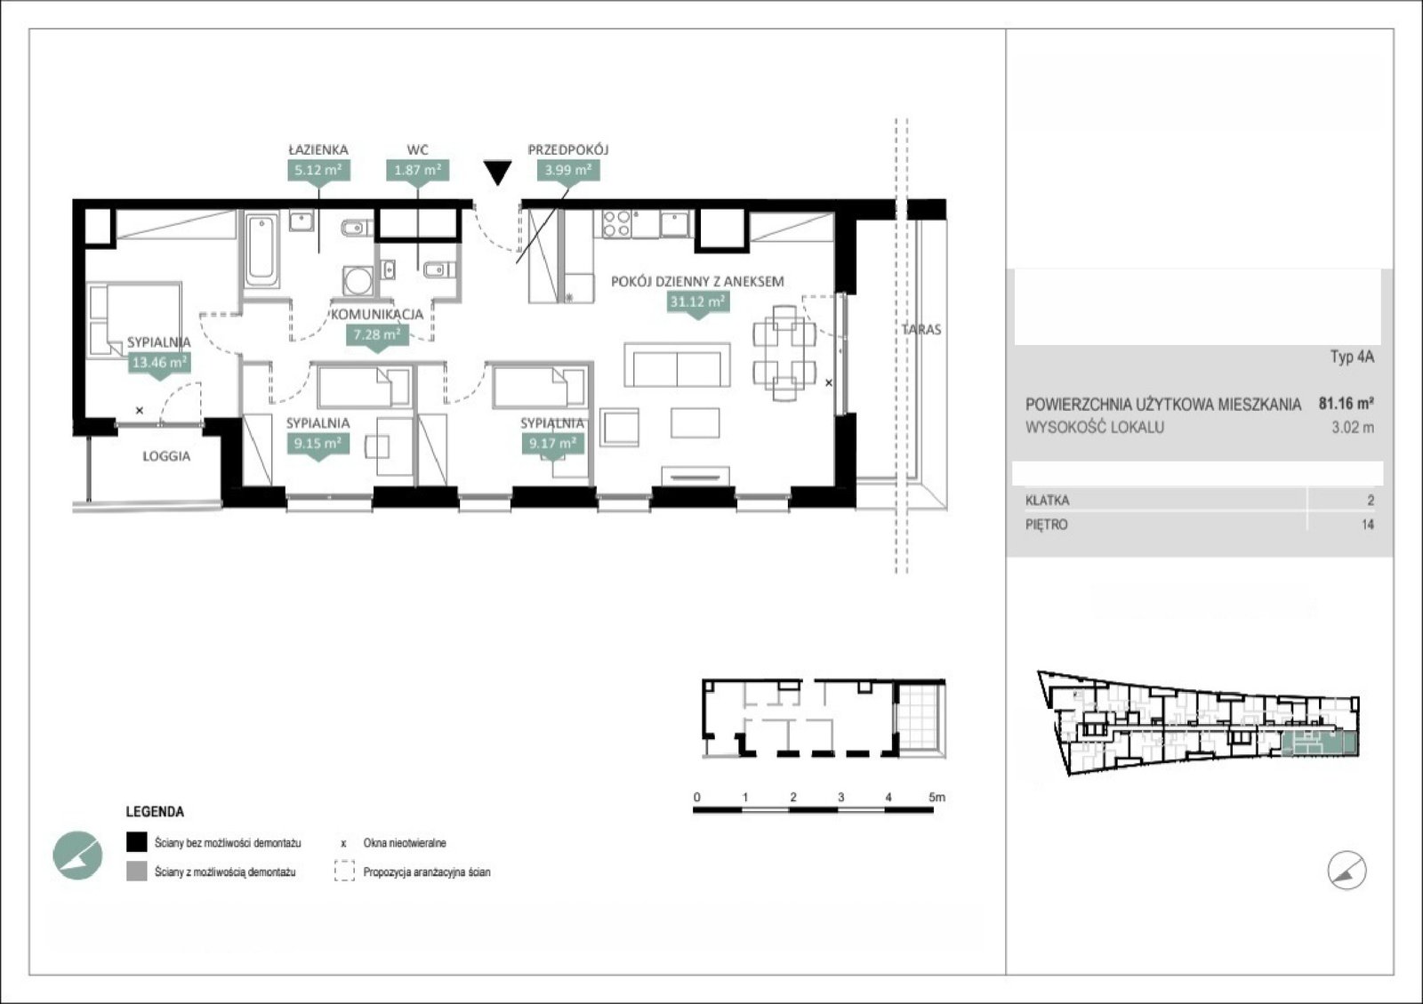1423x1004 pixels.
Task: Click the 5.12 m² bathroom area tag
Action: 318,171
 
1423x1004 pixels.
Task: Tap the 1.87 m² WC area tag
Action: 417,171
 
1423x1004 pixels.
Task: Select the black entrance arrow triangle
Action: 497,173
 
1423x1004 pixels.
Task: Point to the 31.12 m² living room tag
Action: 697,301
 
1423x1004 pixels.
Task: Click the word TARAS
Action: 921,330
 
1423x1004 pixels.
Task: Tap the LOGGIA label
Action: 166,456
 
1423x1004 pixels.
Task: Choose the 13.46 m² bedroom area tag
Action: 159,363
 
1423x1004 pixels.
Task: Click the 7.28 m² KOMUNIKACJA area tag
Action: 377,334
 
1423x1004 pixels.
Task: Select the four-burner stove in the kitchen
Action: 616,224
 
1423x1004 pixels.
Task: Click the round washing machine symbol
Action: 358,281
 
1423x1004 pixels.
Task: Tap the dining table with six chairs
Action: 784,352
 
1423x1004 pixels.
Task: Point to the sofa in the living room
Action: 677,365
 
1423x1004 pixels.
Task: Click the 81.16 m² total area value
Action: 1347,403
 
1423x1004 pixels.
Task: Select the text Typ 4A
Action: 1353,357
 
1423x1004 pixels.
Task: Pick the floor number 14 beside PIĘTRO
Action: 1368,525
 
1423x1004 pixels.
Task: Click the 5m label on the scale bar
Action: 937,797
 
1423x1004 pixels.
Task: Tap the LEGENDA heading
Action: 155,812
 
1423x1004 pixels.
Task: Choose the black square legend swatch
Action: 137,842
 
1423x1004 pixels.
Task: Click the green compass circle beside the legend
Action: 77,855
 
